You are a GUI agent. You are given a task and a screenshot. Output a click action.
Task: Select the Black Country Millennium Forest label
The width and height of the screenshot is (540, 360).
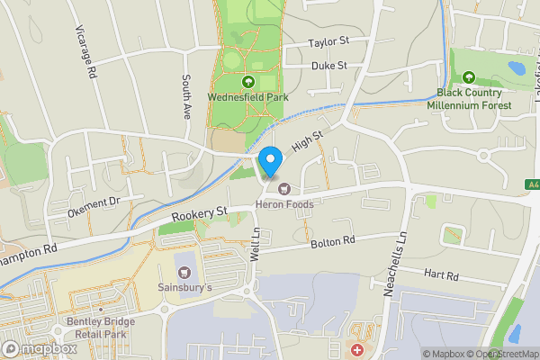point(474,99)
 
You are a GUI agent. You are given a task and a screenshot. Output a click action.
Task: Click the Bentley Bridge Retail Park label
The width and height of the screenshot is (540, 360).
point(101,327)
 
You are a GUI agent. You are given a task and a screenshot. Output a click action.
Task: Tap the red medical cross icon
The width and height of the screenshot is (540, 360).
point(358,348)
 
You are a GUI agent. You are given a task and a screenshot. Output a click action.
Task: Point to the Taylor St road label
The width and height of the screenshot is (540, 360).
point(328,42)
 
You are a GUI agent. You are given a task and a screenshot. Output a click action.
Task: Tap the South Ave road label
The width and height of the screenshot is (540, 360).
point(188,97)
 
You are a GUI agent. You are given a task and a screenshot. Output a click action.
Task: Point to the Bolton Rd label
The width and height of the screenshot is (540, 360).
point(333,242)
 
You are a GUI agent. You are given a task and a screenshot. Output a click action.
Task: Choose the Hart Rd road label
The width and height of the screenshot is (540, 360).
point(441,274)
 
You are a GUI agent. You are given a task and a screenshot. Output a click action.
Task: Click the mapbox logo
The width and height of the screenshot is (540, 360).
point(40,348)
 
